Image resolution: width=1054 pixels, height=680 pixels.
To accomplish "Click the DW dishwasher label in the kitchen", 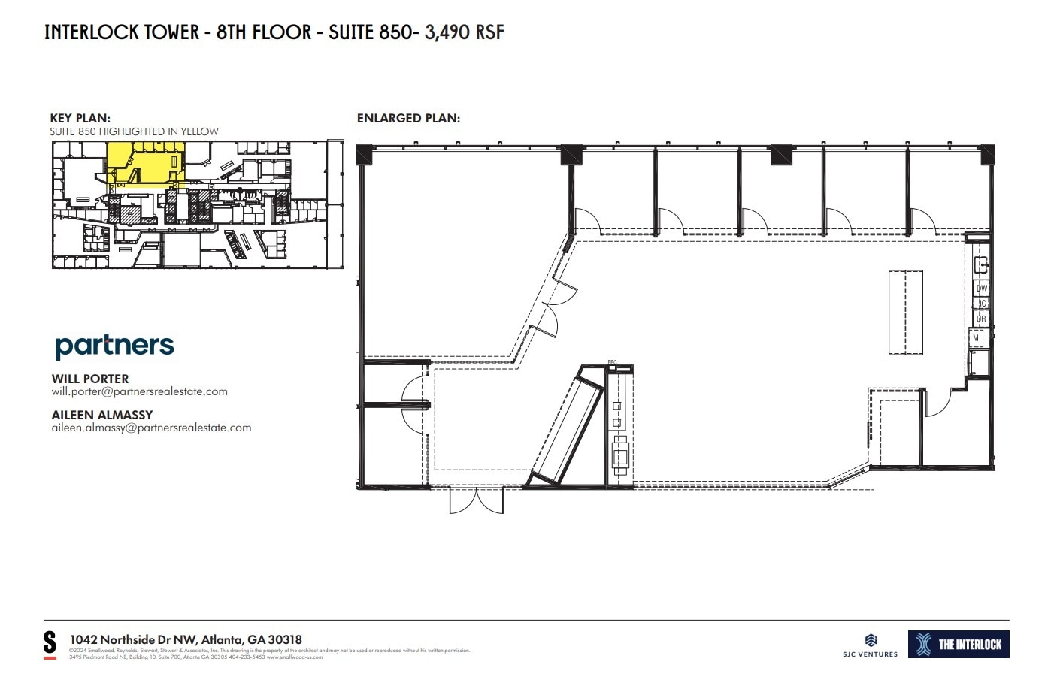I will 981,289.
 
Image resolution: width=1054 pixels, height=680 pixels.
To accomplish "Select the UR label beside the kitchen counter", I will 981,319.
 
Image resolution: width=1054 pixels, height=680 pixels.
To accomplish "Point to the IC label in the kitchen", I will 982,304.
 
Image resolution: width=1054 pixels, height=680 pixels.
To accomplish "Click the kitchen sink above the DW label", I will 980,264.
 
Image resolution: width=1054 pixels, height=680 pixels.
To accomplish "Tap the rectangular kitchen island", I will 906,312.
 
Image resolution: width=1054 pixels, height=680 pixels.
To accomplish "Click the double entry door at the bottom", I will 476,500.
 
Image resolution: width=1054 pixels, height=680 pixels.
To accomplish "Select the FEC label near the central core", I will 612,363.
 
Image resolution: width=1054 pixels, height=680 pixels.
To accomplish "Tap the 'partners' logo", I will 114,346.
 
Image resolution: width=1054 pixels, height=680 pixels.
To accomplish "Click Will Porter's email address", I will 139,391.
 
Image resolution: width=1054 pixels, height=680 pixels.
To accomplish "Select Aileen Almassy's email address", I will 151,428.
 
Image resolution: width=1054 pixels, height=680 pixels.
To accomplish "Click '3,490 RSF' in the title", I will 465,32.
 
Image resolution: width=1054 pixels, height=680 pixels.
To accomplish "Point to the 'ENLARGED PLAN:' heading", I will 408,118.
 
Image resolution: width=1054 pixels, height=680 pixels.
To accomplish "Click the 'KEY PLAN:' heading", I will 80,118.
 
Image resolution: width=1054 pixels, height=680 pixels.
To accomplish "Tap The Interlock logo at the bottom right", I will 959,644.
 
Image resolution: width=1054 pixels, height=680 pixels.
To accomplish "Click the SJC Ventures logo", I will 871,645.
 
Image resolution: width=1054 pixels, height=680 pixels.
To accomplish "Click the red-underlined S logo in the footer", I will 50,644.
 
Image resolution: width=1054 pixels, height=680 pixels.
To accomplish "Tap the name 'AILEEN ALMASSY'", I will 101,415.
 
